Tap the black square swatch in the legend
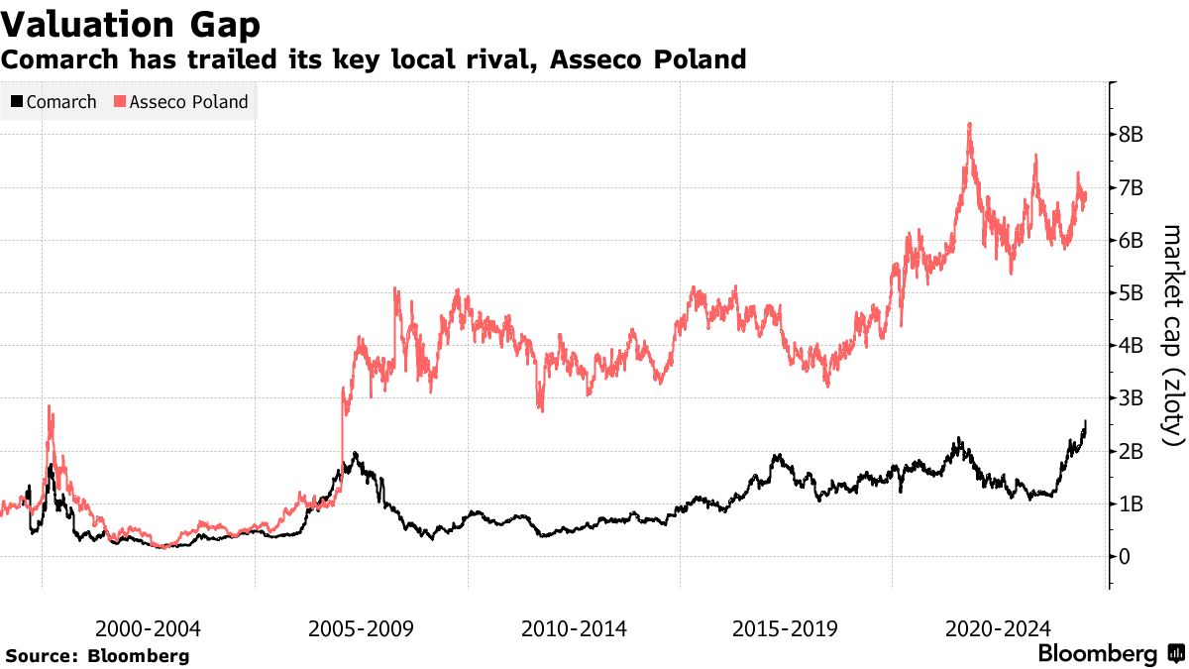pos(17,102)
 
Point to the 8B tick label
pos(1133,135)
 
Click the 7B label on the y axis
pos(1133,187)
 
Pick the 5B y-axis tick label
pos(1133,293)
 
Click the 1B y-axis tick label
pos(1133,504)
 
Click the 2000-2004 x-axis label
pos(148,628)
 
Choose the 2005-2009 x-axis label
pos(361,628)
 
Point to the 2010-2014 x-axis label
pos(574,628)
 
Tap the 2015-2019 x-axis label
pos(786,628)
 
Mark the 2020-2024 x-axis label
pos(999,628)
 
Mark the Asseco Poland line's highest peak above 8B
pos(968,124)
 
